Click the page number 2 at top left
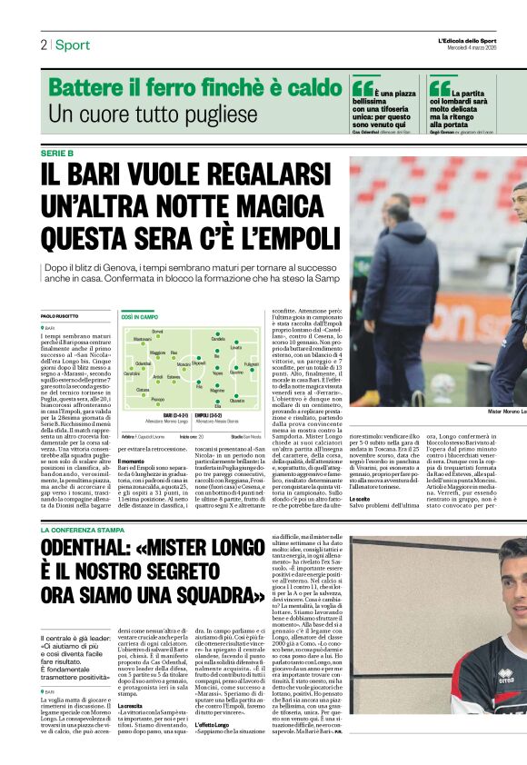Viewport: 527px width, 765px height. pyautogui.click(x=44, y=45)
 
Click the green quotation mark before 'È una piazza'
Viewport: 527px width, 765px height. pyautogui.click(x=363, y=84)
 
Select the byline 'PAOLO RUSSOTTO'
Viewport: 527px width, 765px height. pyautogui.click(x=60, y=315)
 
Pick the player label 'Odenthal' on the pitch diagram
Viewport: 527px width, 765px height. pyautogui.click(x=144, y=363)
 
